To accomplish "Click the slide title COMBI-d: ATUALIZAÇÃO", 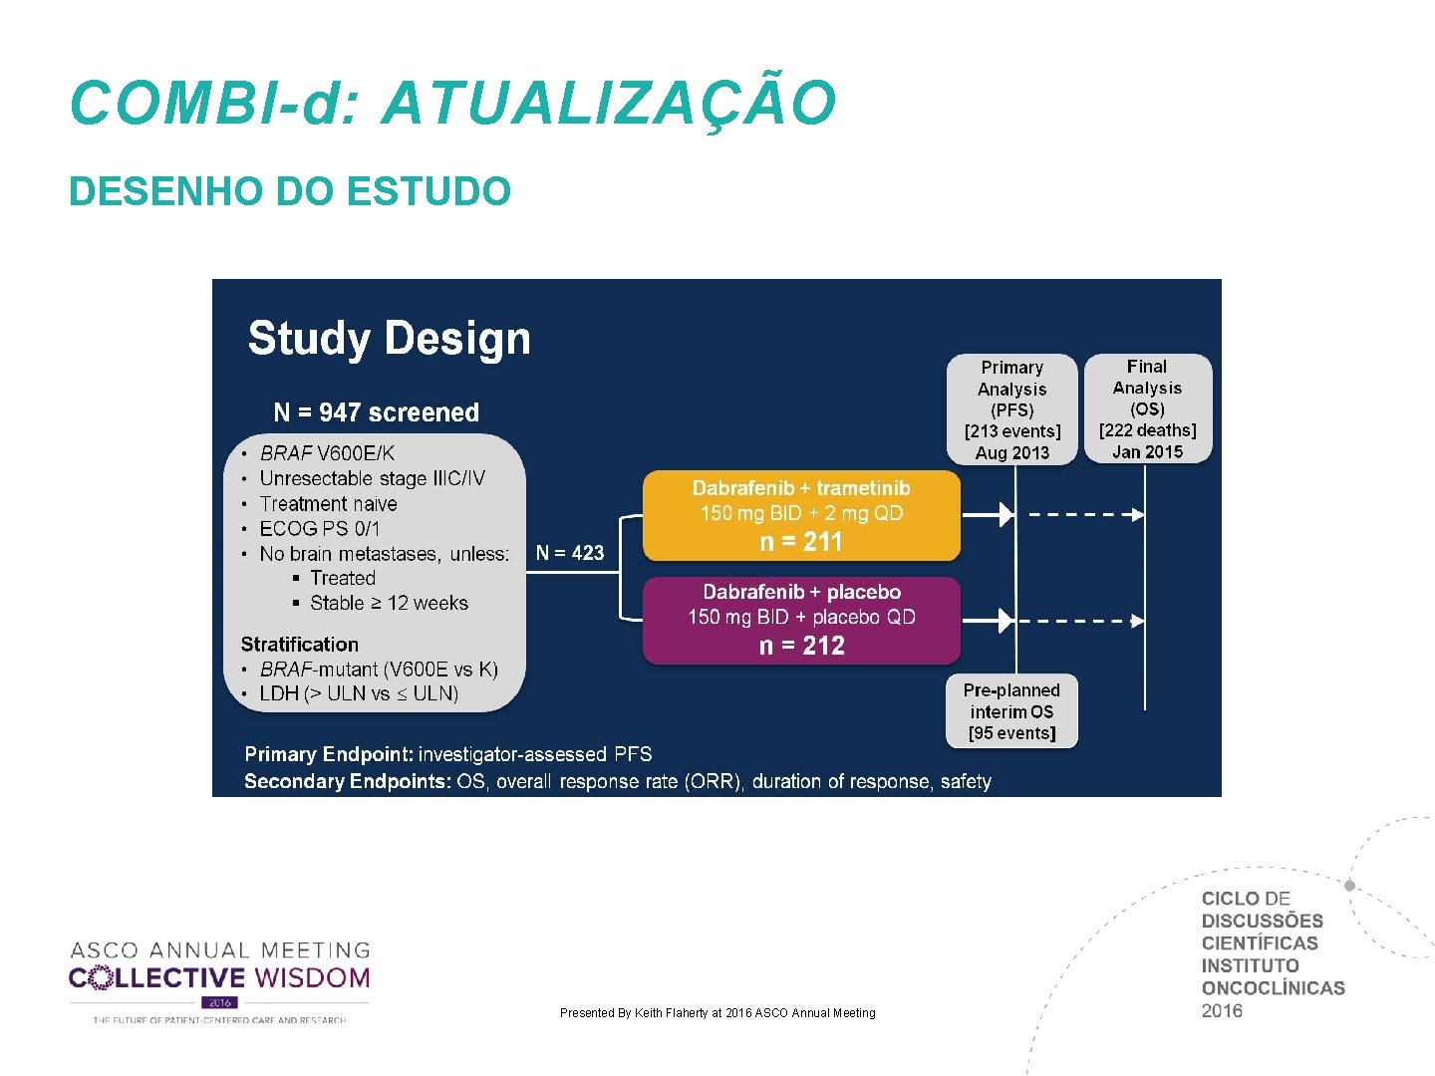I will point(453,103).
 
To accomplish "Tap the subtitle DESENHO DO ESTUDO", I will point(290,191).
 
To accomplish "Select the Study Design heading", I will point(389,339).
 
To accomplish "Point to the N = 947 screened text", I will point(376,412).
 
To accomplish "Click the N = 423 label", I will point(570,553).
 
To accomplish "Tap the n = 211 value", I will point(801,542).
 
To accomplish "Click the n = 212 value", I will point(801,646).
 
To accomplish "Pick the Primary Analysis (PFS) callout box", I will point(1011,409).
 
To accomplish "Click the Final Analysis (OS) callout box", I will point(1147,408).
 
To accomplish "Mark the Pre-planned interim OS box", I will point(1011,711).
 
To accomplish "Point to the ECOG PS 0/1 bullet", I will point(320,529).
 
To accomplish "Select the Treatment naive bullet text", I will point(328,504).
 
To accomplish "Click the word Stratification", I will point(300,645).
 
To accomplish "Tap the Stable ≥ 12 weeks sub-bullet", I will point(389,603).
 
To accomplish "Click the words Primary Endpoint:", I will point(328,754).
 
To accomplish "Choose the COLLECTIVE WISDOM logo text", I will point(219,978).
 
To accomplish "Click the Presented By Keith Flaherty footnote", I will point(717,1013).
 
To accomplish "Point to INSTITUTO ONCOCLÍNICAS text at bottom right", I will point(1273,976).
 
